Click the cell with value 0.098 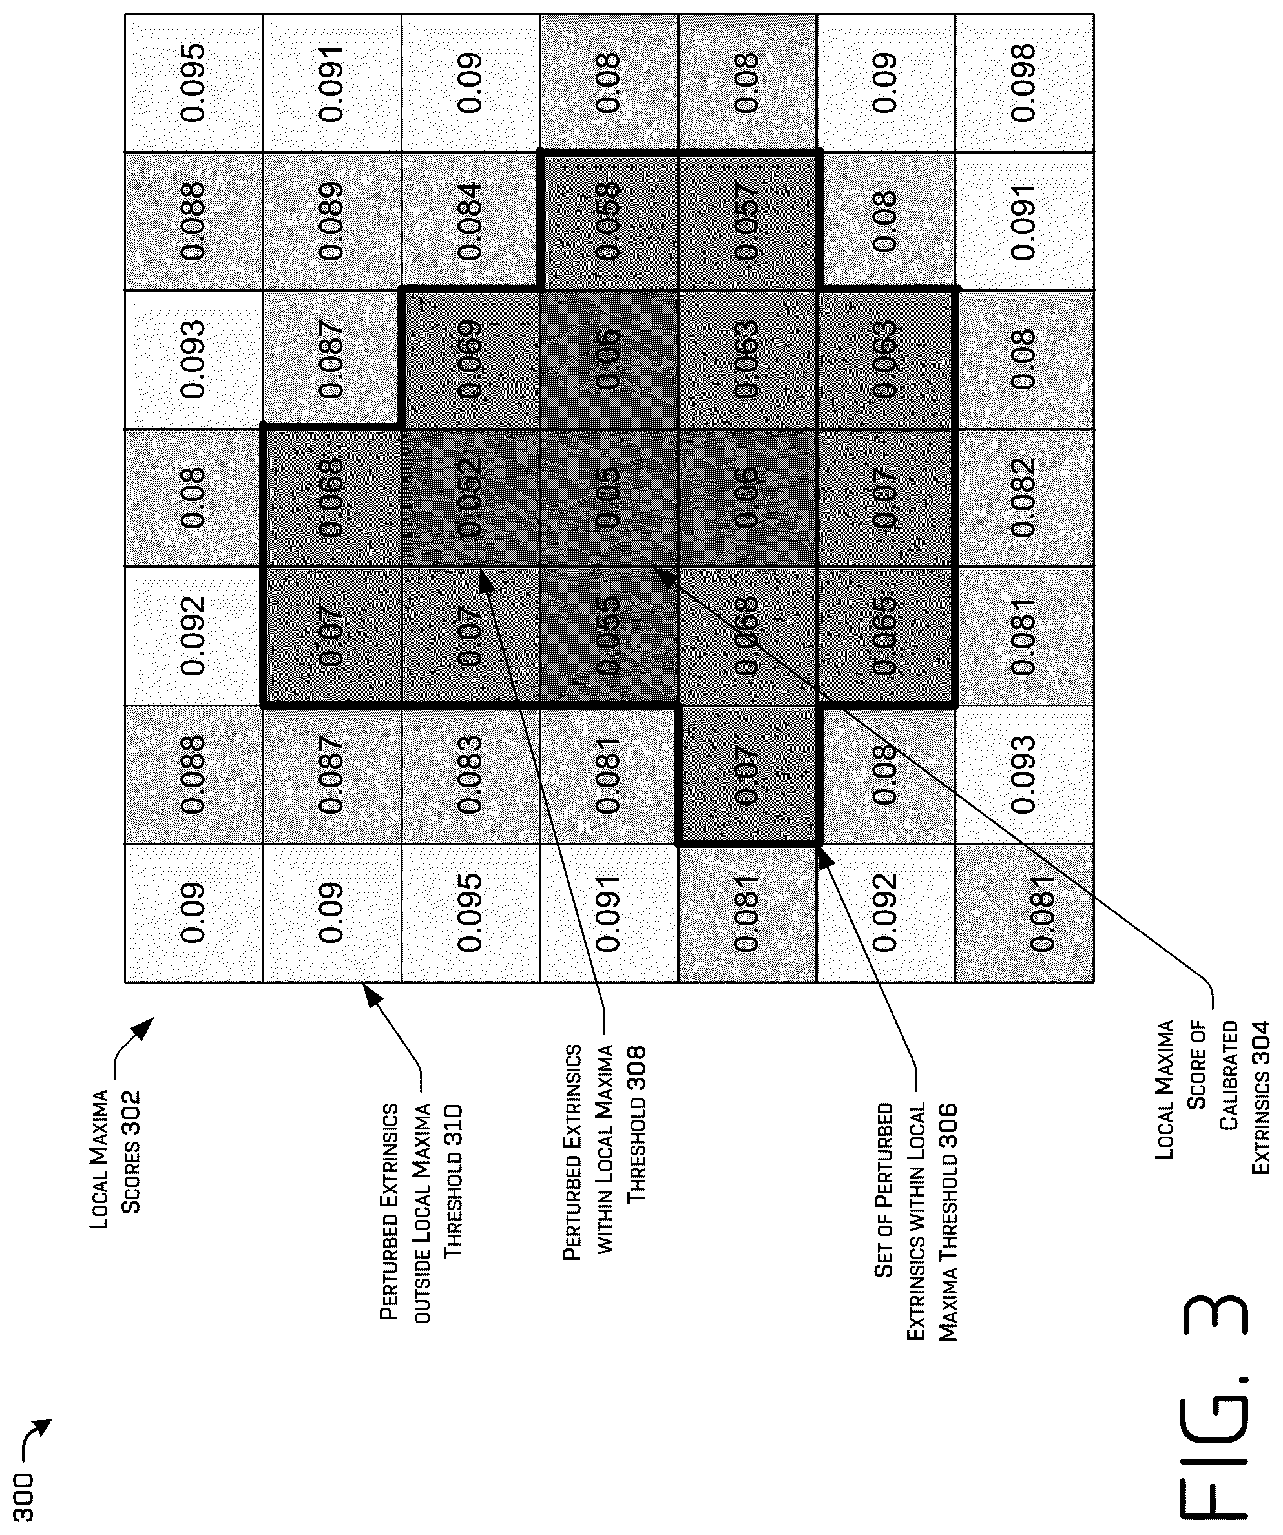[1025, 83]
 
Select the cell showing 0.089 [332, 221]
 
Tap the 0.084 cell [471, 221]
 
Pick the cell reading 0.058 [609, 221]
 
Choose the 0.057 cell [747, 221]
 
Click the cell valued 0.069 [471, 359]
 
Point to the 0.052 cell [471, 497]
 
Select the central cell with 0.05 [609, 497]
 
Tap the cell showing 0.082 [1025, 497]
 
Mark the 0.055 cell [609, 636]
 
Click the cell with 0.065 [886, 636]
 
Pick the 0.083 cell [471, 775]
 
